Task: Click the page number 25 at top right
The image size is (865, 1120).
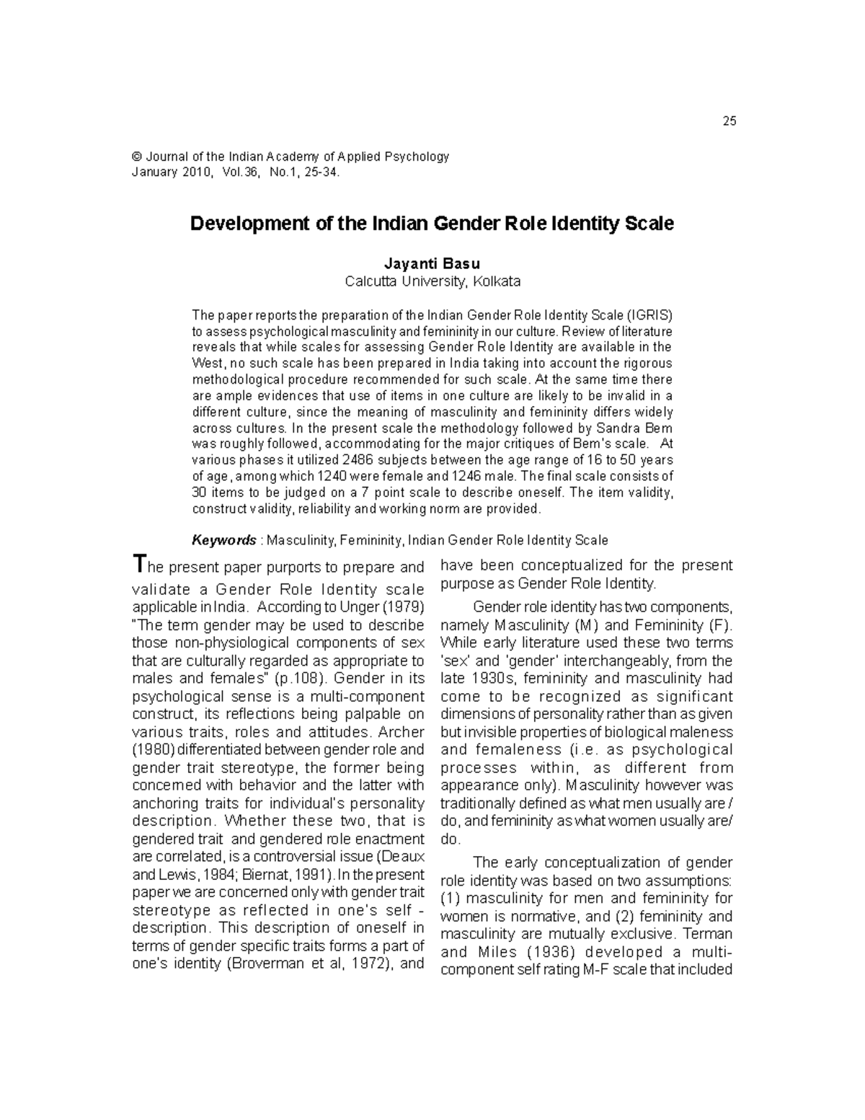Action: pyautogui.click(x=729, y=121)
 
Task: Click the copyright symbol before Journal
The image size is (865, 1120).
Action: pyautogui.click(x=136, y=157)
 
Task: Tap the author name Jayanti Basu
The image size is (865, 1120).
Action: pyautogui.click(x=432, y=264)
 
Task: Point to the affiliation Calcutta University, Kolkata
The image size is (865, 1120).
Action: pyautogui.click(x=432, y=281)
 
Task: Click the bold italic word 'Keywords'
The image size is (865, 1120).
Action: pyautogui.click(x=223, y=540)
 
